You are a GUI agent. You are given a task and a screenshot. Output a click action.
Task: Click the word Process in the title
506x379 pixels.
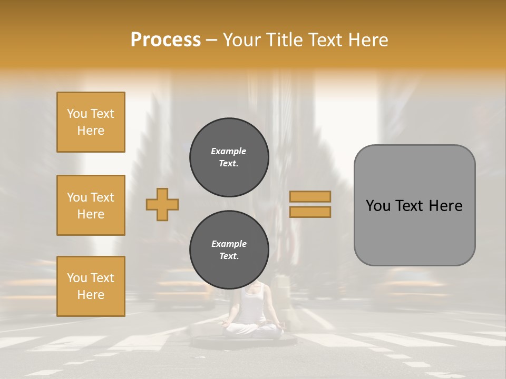166,40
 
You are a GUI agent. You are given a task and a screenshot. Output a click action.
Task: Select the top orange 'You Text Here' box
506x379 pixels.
91,122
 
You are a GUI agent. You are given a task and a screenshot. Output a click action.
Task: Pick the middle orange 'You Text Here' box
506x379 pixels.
91,205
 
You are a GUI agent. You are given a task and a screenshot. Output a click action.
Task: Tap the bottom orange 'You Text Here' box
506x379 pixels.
91,286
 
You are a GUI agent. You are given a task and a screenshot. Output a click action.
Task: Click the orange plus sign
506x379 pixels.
162,204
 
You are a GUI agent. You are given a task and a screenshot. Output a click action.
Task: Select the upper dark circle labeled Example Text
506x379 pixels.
229,157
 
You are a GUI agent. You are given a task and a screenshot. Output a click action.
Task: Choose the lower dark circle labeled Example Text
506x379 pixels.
229,250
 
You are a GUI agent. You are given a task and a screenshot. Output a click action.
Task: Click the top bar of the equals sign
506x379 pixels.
310,196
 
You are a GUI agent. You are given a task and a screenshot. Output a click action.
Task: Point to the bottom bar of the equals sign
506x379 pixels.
310,212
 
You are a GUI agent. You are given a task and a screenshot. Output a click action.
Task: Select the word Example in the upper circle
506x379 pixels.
229,152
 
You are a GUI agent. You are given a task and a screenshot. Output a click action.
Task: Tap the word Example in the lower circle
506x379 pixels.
229,244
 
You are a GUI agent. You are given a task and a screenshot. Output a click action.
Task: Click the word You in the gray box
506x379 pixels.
377,206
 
